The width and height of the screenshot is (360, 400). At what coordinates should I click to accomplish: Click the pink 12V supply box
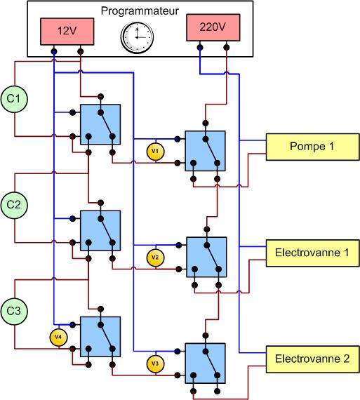67,32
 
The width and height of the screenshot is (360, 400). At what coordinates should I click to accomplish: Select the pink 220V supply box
213,27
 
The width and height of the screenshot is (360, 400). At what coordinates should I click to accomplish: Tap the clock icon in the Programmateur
137,37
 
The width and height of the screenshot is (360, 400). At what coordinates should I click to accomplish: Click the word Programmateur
140,11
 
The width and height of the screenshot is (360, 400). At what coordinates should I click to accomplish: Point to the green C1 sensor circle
14,99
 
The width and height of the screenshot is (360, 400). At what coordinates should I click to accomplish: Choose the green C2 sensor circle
14,205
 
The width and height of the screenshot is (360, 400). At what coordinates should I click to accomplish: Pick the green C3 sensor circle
14,311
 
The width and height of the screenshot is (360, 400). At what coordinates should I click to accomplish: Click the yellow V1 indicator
155,152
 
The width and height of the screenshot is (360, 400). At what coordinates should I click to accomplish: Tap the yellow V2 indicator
155,258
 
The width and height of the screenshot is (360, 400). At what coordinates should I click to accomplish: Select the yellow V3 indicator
155,364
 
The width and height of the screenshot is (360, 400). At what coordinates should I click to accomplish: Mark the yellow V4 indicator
58,338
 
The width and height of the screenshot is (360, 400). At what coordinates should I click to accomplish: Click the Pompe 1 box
313,147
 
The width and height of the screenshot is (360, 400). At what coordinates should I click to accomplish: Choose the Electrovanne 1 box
313,253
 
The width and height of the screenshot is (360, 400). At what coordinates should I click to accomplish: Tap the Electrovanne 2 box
313,359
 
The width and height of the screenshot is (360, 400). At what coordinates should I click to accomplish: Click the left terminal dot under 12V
54,51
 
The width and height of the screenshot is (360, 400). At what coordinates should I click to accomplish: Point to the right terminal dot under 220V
226,48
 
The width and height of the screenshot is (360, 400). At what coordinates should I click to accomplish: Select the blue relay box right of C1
100,124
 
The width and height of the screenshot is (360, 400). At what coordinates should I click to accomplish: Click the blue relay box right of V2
206,257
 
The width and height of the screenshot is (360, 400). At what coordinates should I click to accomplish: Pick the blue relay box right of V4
100,337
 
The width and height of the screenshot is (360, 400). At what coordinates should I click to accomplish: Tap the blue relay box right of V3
206,364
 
